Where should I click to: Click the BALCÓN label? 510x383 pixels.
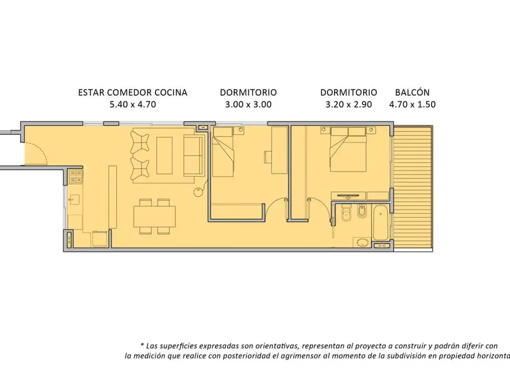(412, 92)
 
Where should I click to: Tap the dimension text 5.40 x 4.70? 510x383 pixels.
(132, 105)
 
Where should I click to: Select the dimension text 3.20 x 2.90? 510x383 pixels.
(349, 105)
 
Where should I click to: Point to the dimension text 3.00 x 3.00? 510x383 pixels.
(248, 105)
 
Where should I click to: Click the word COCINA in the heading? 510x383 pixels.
(171, 92)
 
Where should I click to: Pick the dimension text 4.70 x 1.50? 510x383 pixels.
(412, 105)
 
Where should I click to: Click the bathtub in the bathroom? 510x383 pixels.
(380, 222)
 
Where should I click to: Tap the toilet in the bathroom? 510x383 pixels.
(346, 212)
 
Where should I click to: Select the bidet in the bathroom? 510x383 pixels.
(362, 211)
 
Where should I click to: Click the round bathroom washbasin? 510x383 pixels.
(362, 243)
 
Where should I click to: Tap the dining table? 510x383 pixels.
(154, 216)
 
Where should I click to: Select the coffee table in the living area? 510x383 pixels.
(164, 156)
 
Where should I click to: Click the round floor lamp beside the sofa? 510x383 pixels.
(198, 192)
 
